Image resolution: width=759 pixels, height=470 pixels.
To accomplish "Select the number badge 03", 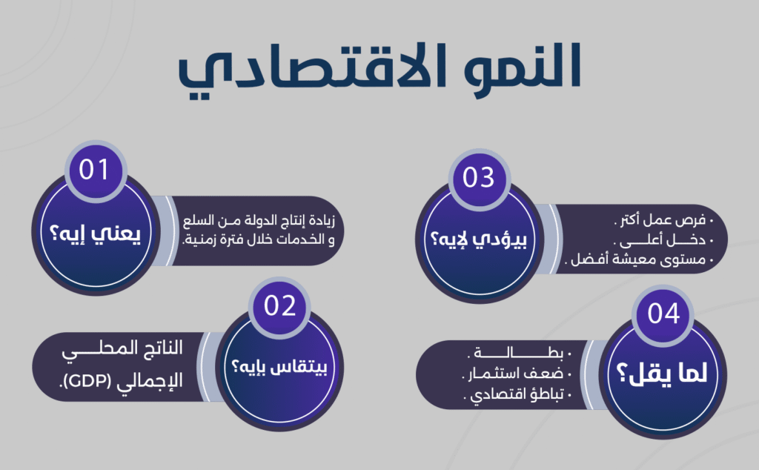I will click(477, 177).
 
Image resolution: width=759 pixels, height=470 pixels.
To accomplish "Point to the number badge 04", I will click(663, 314).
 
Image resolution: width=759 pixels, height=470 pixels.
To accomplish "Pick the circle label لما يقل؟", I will click(663, 376).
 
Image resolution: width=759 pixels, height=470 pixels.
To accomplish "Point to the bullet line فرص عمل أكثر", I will click(662, 221).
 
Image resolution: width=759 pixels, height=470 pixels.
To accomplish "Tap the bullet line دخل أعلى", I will click(662, 241).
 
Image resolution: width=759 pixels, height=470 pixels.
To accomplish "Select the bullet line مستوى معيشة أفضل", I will click(640, 260).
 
